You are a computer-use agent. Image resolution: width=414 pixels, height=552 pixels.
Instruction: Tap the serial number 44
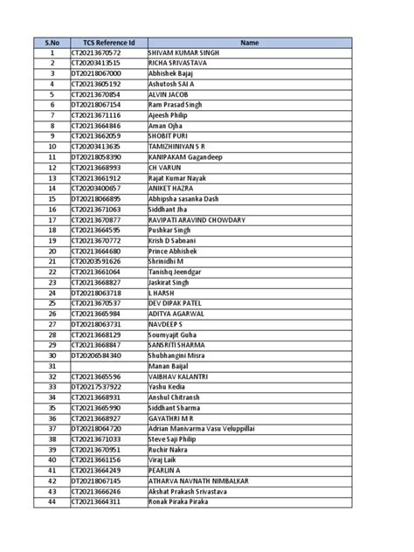pyautogui.click(x=52, y=504)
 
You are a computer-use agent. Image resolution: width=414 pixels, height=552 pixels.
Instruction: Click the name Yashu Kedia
pyautogui.click(x=169, y=389)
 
